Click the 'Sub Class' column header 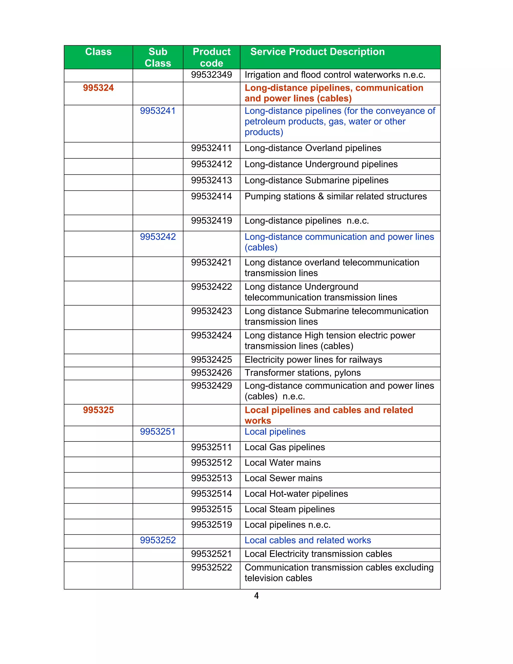coord(158,57)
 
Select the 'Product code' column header coord(211,57)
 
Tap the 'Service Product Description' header coord(317,52)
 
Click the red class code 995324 coord(98,88)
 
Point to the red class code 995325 coord(98,410)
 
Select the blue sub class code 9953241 coord(158,111)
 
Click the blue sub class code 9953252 coord(158,540)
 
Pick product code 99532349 coord(211,75)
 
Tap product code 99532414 coord(211,196)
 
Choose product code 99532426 coord(211,373)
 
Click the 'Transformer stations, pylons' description coord(302,373)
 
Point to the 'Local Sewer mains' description coord(283,478)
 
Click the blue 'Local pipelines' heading coord(275,432)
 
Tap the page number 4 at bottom coord(256,596)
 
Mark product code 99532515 coord(211,509)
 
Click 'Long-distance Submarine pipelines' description coord(316,181)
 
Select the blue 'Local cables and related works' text coord(308,540)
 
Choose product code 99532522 coord(211,568)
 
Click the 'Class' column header coord(98,52)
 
